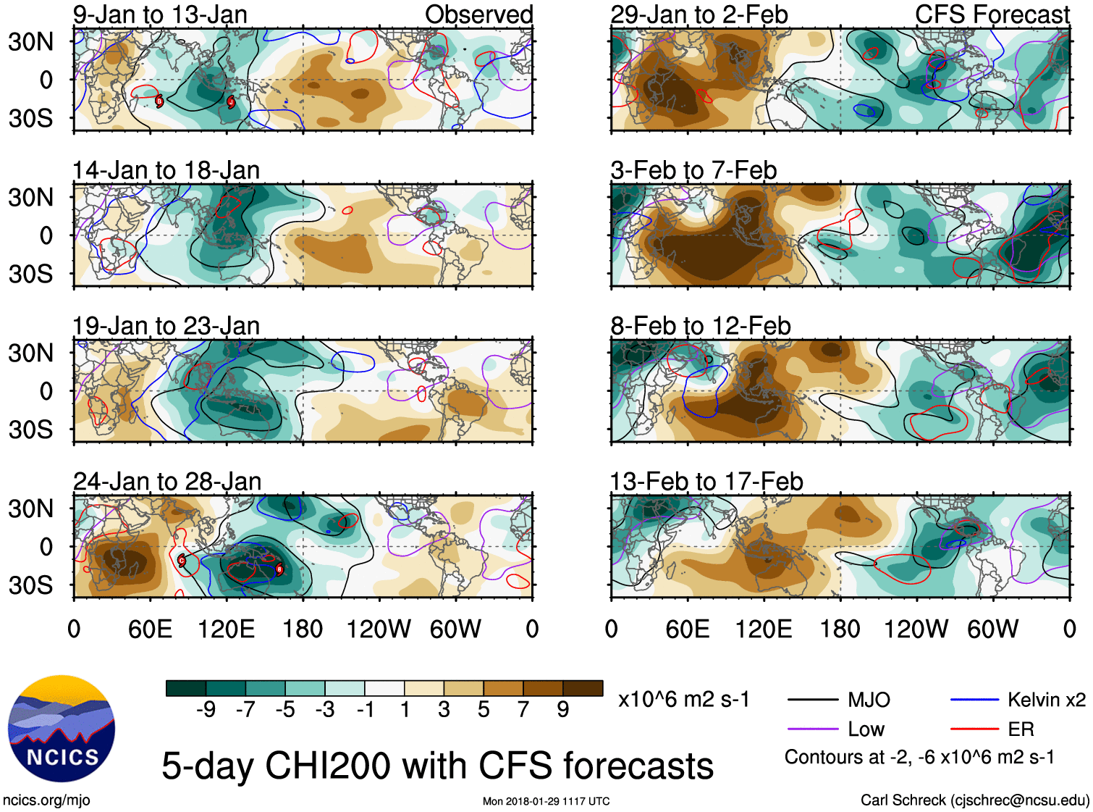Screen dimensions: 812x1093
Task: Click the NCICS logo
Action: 62,728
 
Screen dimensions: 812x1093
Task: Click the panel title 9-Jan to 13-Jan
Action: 160,14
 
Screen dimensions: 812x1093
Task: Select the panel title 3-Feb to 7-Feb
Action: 693,170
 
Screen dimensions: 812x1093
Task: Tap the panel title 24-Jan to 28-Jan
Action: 167,482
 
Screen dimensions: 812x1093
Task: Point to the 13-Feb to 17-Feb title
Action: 706,482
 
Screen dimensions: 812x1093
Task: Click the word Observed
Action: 478,14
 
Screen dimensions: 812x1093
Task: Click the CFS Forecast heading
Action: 992,14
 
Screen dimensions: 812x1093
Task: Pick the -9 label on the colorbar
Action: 206,710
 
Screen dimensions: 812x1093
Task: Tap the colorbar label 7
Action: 523,710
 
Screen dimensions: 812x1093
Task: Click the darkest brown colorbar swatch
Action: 583,688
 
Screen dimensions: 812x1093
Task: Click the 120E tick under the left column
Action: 227,629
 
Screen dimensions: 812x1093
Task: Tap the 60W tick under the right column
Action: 992,629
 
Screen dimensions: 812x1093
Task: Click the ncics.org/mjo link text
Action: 46,800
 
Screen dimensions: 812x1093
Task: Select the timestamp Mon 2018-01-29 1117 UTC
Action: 546,801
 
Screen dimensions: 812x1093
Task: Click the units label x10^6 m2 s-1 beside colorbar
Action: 683,700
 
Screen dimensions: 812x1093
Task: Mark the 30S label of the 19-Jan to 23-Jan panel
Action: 30,430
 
